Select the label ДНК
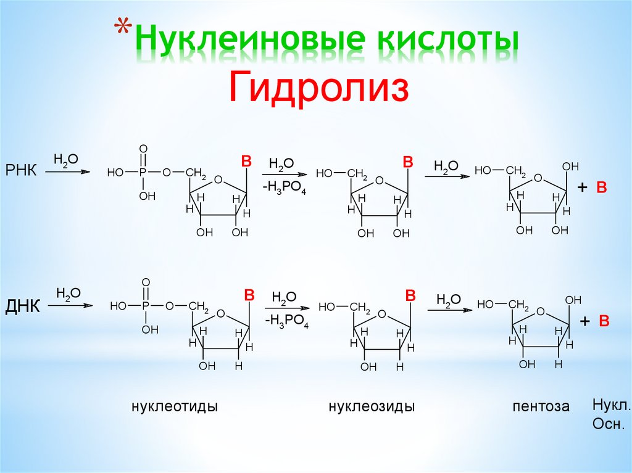tap(23, 305)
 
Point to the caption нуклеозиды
tap(372, 406)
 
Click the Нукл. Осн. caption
tap(610, 414)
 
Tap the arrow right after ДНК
tap(70, 305)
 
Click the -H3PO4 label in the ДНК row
tap(287, 321)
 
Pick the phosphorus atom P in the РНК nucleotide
tap(143, 173)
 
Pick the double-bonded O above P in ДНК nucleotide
tap(146, 282)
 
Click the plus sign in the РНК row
tap(581, 188)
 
